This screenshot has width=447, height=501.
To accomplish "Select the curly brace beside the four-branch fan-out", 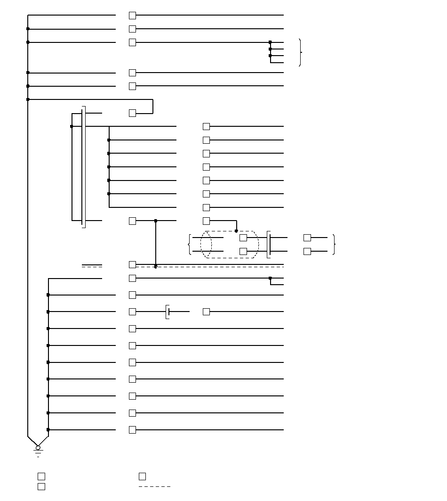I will point(300,52).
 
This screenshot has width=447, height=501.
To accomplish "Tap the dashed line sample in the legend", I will point(154,486).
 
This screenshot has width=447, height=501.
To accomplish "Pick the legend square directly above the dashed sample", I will point(142,476).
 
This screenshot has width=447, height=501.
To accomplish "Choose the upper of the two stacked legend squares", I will point(41,476).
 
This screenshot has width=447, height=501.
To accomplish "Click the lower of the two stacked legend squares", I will point(41,486).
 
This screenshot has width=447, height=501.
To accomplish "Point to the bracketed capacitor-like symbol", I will point(168,312).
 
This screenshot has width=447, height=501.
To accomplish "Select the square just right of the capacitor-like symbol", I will point(206,312).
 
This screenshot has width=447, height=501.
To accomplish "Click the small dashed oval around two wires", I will point(206,244).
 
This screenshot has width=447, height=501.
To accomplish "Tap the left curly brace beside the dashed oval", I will point(190,244).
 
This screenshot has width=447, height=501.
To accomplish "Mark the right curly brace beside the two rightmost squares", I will point(334,244).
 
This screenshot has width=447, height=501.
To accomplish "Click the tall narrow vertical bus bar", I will point(83,167).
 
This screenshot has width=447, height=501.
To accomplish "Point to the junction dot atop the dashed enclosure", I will point(236,231).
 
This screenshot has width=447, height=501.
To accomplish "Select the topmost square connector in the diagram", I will point(133,16).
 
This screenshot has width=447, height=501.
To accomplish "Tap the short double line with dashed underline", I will point(92,266).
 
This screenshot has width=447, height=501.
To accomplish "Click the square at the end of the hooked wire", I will point(133,113).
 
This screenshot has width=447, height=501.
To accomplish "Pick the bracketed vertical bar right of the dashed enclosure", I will point(269,244).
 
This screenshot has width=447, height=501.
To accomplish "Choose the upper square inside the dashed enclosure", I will point(243,238).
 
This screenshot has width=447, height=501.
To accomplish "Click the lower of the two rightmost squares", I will point(307,251).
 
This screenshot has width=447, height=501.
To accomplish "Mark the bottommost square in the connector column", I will point(133,430).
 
